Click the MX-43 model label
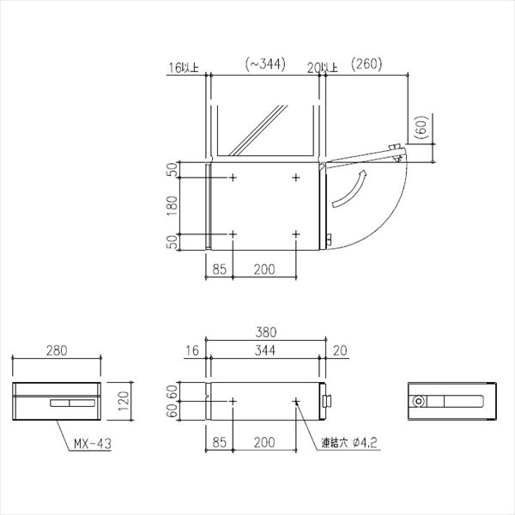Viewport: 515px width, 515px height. click(93, 444)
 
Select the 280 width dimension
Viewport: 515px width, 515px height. click(57, 351)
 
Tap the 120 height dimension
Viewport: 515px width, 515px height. click(123, 401)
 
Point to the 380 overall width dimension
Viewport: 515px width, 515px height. click(266, 332)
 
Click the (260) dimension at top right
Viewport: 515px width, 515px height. click(367, 64)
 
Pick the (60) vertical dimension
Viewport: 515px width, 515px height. click(421, 127)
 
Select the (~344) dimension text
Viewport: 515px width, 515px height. click(265, 64)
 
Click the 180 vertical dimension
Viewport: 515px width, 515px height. click(172, 206)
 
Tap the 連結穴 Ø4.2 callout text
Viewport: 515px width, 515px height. click(349, 443)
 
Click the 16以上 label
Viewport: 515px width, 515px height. click(184, 68)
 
